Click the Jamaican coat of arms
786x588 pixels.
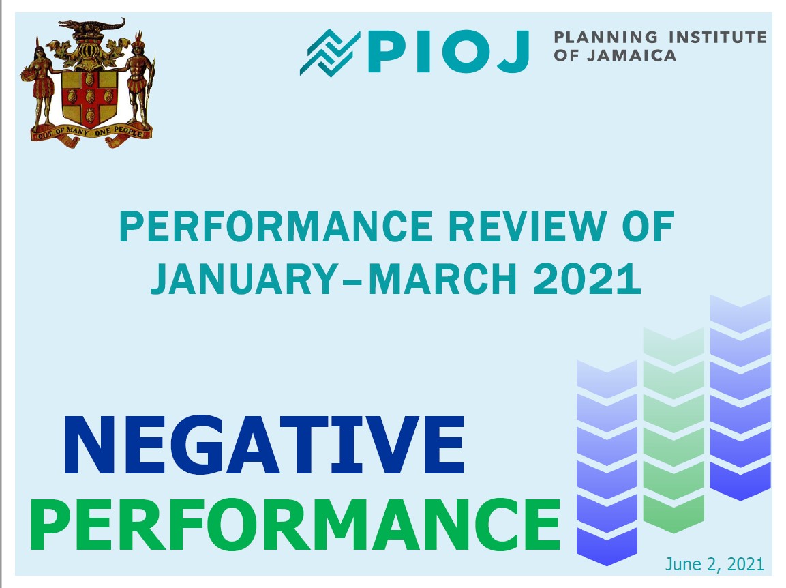(88, 83)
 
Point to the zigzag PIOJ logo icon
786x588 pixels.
(330, 53)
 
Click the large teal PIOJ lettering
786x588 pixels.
(449, 52)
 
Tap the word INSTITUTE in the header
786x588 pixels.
(718, 38)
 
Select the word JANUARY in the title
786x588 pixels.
(244, 278)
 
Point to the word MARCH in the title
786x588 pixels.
(442, 278)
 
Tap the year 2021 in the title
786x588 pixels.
(587, 278)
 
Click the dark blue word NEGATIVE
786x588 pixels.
(264, 445)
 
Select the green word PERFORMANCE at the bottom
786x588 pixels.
(295, 525)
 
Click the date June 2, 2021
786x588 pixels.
(714, 564)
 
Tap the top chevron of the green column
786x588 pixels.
(674, 347)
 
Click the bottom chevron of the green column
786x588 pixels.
(674, 514)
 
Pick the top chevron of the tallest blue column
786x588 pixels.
(740, 314)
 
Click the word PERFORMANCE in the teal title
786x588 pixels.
(275, 226)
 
